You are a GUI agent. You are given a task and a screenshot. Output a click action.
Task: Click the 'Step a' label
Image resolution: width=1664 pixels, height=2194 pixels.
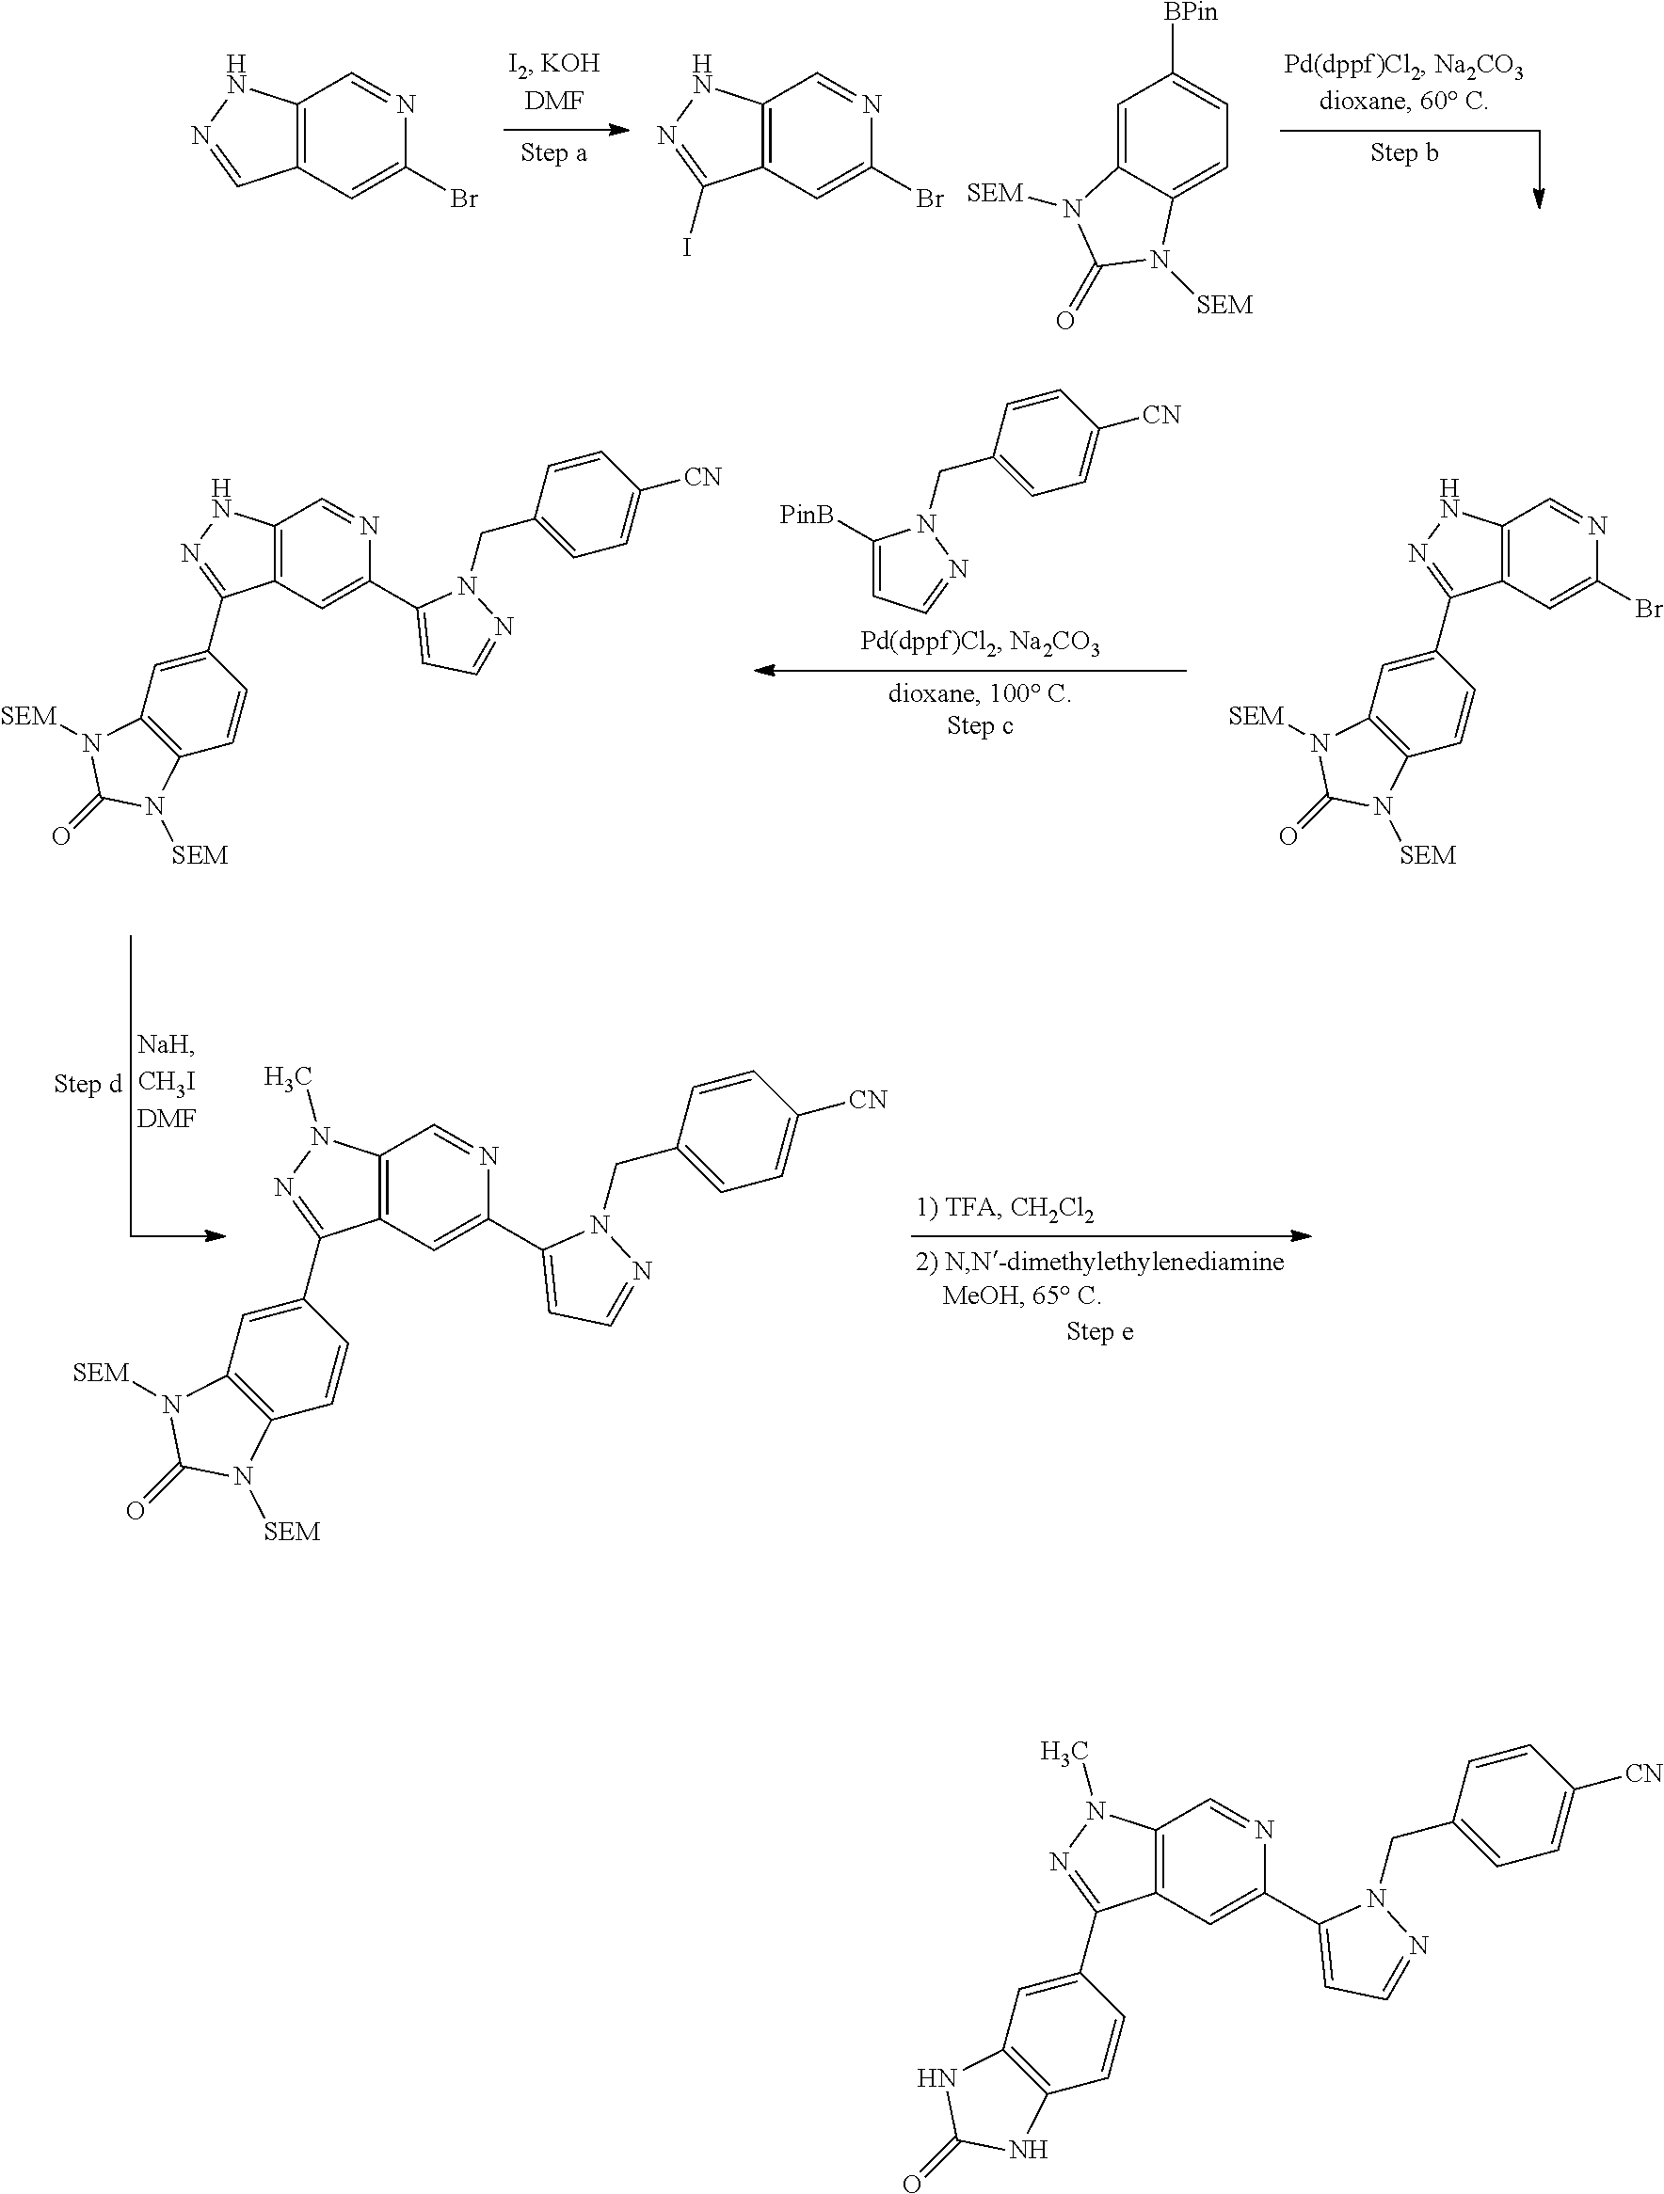553,152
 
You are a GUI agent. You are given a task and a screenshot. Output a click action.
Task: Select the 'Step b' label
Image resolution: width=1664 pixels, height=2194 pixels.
1404,152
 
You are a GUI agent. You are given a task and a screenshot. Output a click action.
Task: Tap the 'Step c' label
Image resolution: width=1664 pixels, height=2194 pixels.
980,726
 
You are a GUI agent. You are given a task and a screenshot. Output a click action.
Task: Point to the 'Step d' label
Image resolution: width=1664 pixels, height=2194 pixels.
88,1084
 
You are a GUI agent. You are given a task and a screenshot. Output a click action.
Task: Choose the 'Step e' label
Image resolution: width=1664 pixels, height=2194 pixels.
1099,1331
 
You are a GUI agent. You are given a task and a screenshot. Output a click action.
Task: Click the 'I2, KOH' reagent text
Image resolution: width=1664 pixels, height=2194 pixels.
553,63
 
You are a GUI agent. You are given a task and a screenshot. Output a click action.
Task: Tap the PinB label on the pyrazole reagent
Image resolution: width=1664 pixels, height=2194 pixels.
806,515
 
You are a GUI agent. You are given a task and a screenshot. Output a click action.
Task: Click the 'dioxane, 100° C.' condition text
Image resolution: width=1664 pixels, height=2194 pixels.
980,693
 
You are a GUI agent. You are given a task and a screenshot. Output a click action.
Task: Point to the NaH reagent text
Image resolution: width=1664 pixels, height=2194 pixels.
166,1044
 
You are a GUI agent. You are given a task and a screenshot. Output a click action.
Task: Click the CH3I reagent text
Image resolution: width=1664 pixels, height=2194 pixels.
166,1081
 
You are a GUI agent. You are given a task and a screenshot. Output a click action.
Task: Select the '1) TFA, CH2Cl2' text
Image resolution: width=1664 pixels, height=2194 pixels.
1004,1209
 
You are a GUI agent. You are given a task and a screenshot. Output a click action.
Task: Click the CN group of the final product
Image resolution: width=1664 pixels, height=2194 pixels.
1642,1773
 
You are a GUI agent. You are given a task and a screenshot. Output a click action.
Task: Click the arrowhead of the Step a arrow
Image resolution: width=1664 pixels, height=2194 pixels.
620,130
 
